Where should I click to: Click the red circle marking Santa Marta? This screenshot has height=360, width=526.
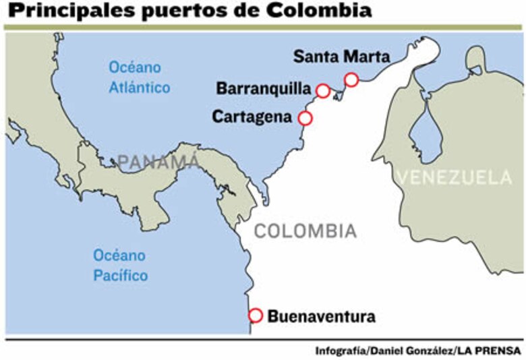(351, 80)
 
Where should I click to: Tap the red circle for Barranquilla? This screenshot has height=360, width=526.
(323, 91)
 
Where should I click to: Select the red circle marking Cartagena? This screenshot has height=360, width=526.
(305, 118)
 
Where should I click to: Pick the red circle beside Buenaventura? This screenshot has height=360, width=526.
(255, 316)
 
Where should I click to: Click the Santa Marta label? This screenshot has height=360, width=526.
(341, 57)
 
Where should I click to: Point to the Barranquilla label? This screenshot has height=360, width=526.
(263, 89)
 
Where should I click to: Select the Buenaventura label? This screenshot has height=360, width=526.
(321, 316)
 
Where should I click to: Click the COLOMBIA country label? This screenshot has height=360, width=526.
(305, 231)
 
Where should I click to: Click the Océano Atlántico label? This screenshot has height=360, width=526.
(140, 78)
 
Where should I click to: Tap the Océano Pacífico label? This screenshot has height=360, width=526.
(120, 266)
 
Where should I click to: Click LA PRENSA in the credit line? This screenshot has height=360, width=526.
(491, 351)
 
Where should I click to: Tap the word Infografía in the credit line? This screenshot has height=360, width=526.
(340, 351)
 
